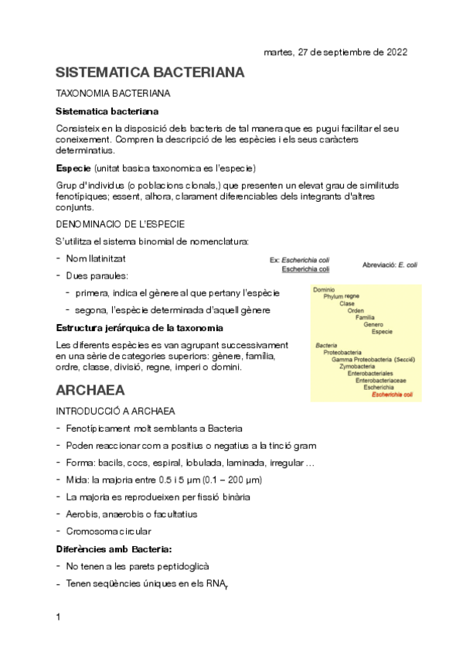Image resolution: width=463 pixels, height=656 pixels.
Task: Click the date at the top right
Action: [x=335, y=52]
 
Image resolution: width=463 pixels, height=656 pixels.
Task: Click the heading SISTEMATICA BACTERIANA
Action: [x=151, y=73]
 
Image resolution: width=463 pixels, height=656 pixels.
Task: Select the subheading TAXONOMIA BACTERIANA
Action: [x=114, y=94]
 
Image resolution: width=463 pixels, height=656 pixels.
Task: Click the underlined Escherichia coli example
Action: [x=305, y=269]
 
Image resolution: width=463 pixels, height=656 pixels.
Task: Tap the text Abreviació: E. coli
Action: [x=390, y=265]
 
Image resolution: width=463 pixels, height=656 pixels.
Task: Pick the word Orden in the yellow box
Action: [x=356, y=311]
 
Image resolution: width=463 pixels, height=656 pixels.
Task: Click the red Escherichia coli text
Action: [x=392, y=395]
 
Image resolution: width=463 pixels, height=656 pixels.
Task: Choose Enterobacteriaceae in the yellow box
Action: [x=381, y=381]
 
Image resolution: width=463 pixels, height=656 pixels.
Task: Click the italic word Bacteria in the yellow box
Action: [x=326, y=345]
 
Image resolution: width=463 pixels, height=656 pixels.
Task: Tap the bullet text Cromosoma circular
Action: [x=109, y=531]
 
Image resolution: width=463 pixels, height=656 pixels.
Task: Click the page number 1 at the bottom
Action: [x=59, y=617]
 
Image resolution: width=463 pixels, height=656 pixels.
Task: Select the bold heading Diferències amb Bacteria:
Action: [x=114, y=548]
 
